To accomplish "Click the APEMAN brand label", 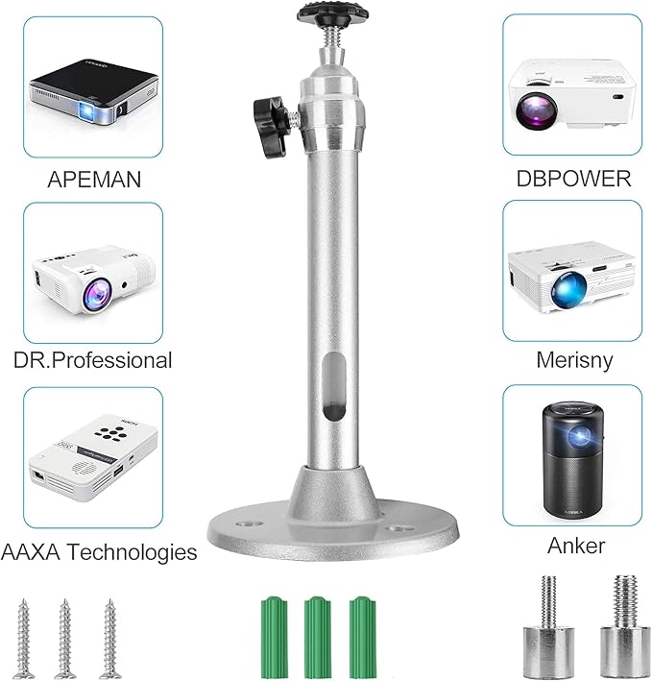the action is tap(94, 180).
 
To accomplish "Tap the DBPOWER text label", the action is tap(573, 179).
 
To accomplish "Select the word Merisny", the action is tap(574, 360).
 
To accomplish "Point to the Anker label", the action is tap(576, 546).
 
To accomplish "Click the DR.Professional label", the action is tap(93, 360).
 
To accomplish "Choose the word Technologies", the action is tap(133, 552).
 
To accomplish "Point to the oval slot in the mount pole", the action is tap(334, 386).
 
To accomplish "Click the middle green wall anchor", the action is tap(318, 637).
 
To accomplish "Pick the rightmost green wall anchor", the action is tap(363, 637).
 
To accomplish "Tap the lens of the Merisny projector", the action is tap(568, 288).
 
